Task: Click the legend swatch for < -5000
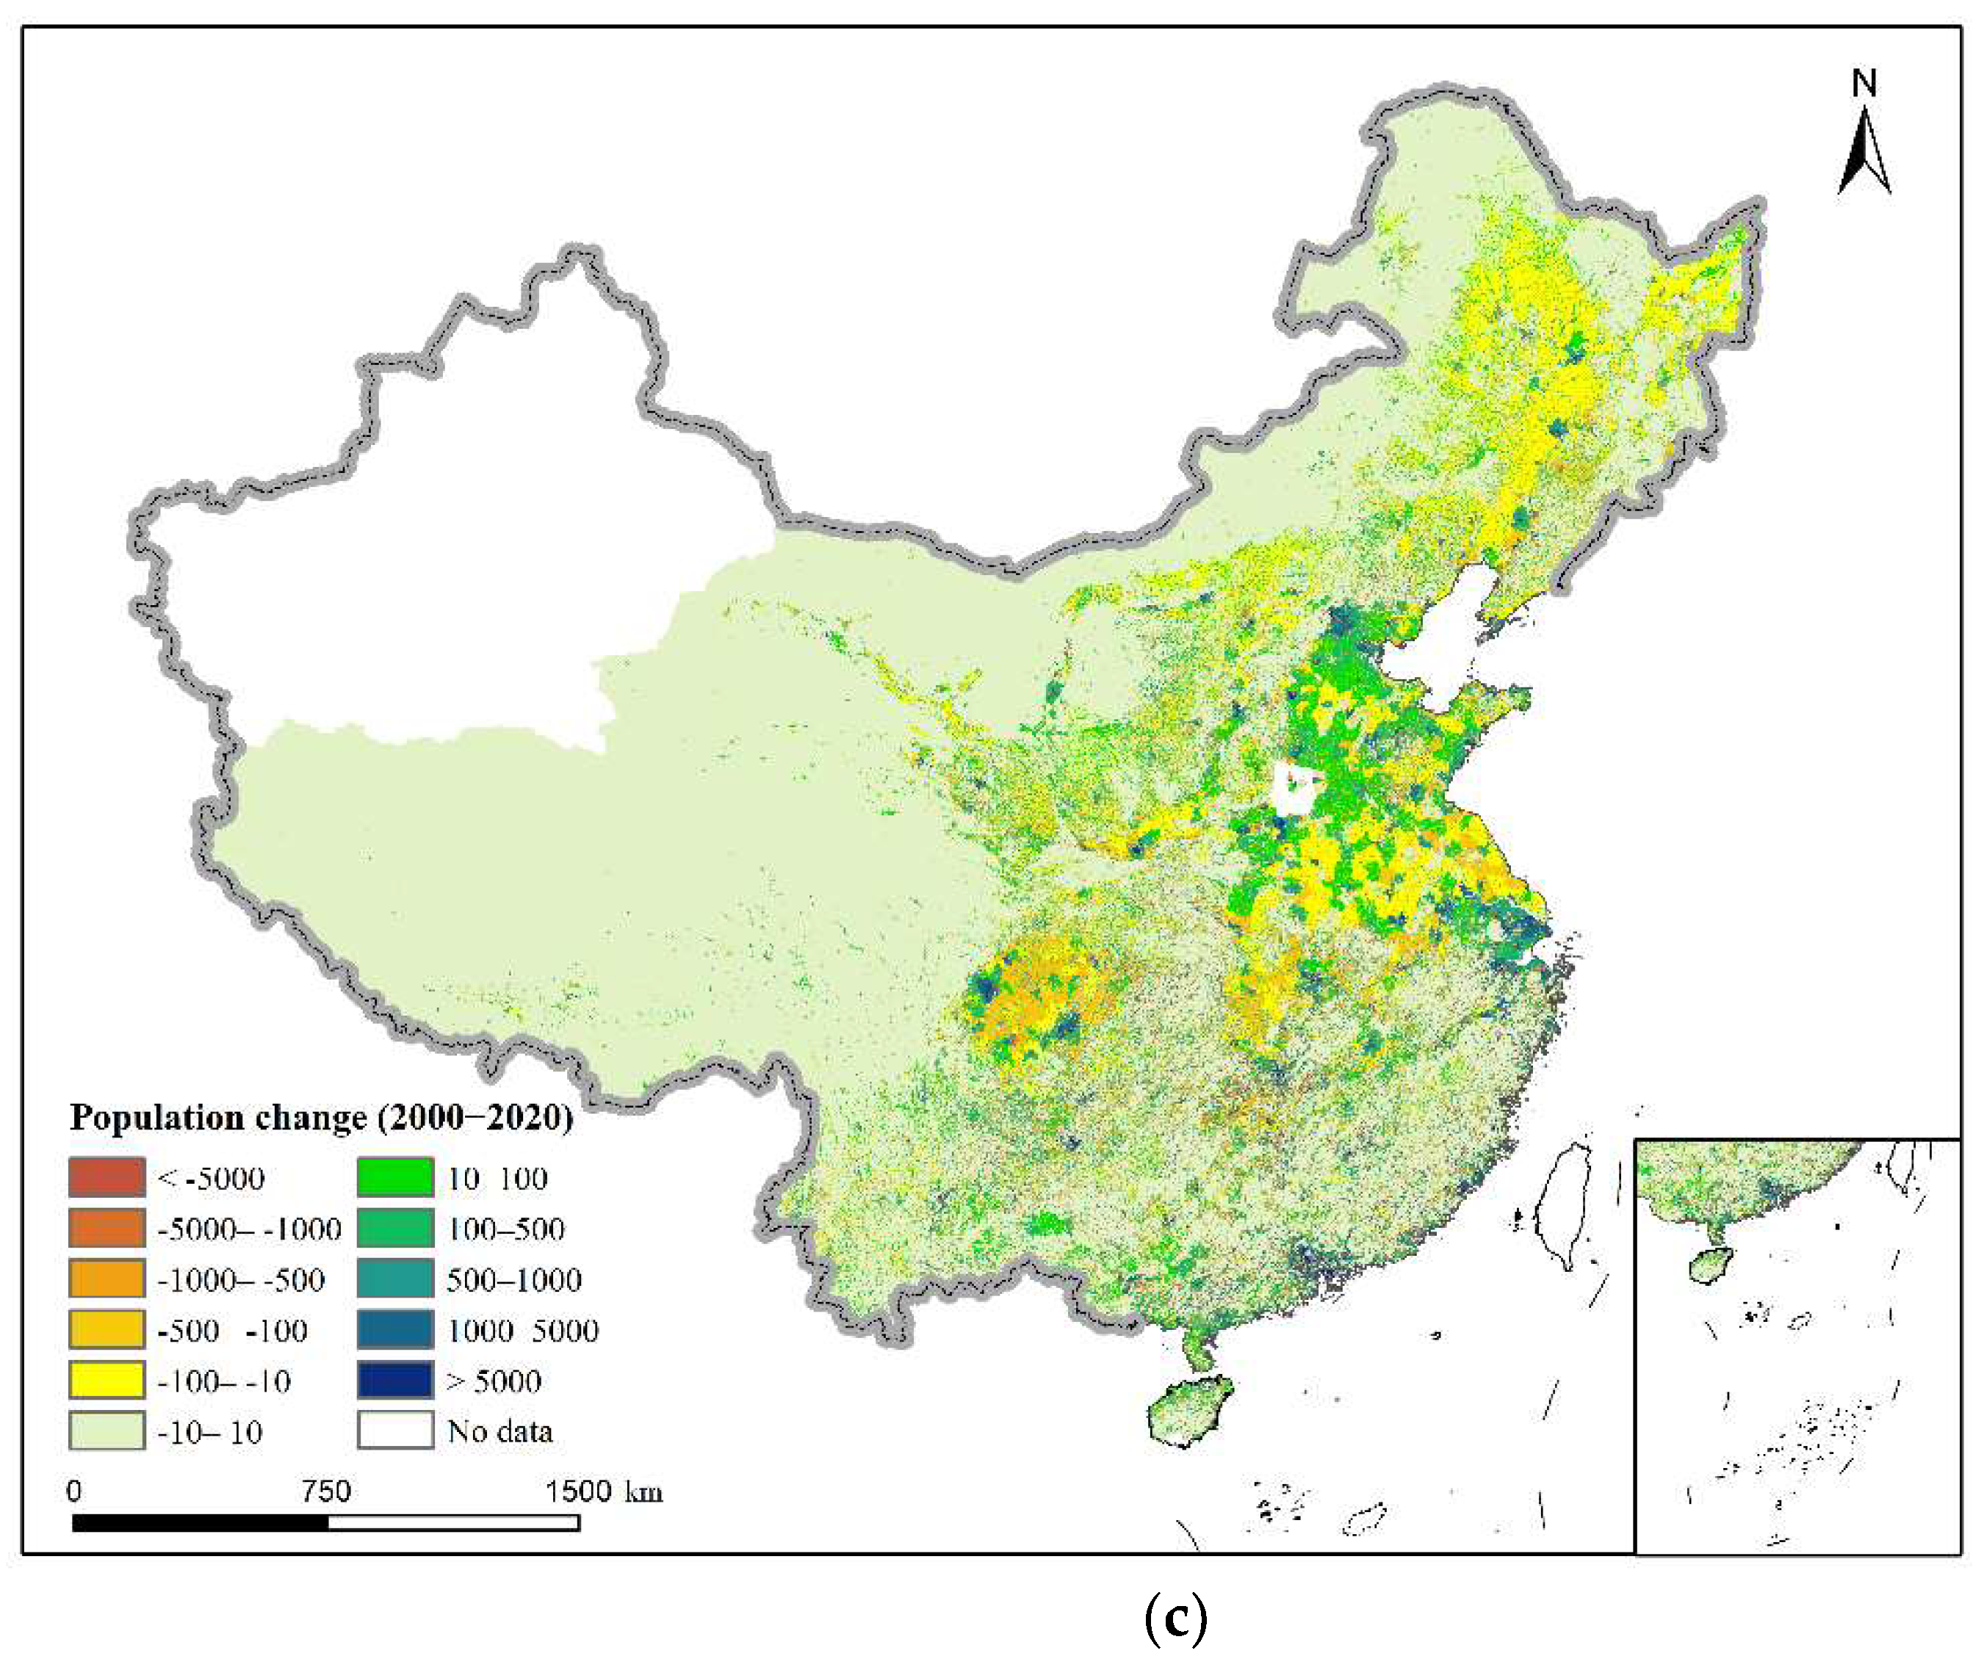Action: coord(107,1177)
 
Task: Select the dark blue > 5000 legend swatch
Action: coord(395,1381)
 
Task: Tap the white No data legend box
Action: coord(395,1431)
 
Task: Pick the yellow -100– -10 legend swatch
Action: coord(107,1381)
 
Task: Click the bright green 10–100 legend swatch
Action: coord(395,1177)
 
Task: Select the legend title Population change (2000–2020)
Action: coord(322,1118)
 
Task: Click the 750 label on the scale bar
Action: coord(326,1492)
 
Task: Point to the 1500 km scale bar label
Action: coord(603,1492)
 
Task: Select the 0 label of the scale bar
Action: coord(73,1492)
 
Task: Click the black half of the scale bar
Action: coord(201,1523)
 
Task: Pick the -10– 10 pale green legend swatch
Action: coord(107,1431)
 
